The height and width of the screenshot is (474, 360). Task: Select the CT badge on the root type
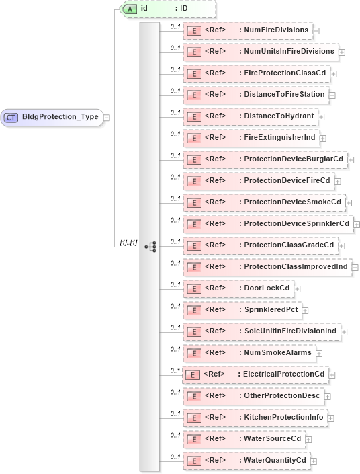(x=11, y=118)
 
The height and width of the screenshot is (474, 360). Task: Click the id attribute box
(x=168, y=9)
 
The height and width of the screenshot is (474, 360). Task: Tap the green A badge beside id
(x=130, y=9)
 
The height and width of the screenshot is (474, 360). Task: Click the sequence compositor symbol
(x=150, y=247)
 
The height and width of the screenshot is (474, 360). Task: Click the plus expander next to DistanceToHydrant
(x=322, y=117)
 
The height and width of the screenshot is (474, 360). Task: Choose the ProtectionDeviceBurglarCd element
(x=265, y=160)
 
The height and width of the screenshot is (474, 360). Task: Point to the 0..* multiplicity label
(x=175, y=370)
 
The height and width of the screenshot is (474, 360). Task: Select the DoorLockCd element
(x=238, y=289)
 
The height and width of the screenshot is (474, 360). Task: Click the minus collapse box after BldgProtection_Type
(x=107, y=118)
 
